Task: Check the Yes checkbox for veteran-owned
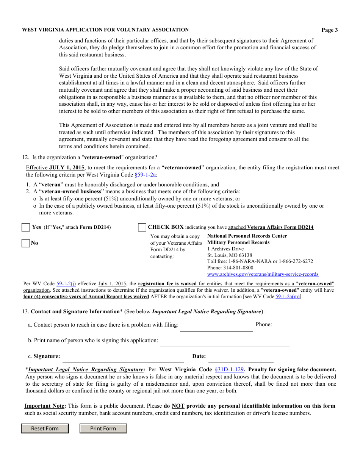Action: click(x=26, y=227)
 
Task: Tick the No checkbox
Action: click(x=26, y=243)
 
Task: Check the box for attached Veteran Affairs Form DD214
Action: click(x=142, y=227)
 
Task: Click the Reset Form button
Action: click(x=45, y=428)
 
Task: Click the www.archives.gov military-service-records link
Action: click(x=263, y=274)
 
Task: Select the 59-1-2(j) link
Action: click(x=66, y=283)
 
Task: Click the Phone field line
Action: click(x=305, y=327)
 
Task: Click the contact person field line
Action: click(x=216, y=328)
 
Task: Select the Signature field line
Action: click(x=123, y=359)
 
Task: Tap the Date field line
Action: click(x=241, y=359)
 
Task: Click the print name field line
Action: click(x=224, y=343)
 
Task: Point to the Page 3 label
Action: click(x=330, y=30)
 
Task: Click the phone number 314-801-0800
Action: click(x=239, y=268)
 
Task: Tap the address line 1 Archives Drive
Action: click(x=225, y=249)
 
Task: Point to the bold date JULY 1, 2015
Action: click(x=67, y=167)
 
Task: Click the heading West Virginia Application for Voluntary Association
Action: click(x=105, y=30)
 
